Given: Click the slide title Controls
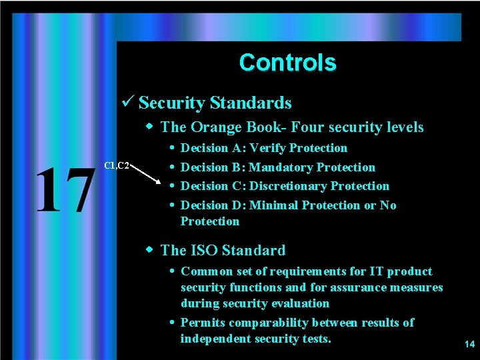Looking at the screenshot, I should tap(287, 63).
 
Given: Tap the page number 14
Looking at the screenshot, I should tap(469, 345).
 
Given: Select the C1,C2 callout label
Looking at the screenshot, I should tap(117, 165).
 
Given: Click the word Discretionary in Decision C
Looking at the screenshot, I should tap(288, 186).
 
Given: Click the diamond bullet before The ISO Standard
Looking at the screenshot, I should tap(151, 250).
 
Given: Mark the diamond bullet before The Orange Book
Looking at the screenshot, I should tap(151, 126).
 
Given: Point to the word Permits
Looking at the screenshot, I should tap(203, 323).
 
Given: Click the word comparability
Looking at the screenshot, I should tap(280, 323).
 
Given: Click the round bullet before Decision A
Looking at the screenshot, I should tap(172, 148).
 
